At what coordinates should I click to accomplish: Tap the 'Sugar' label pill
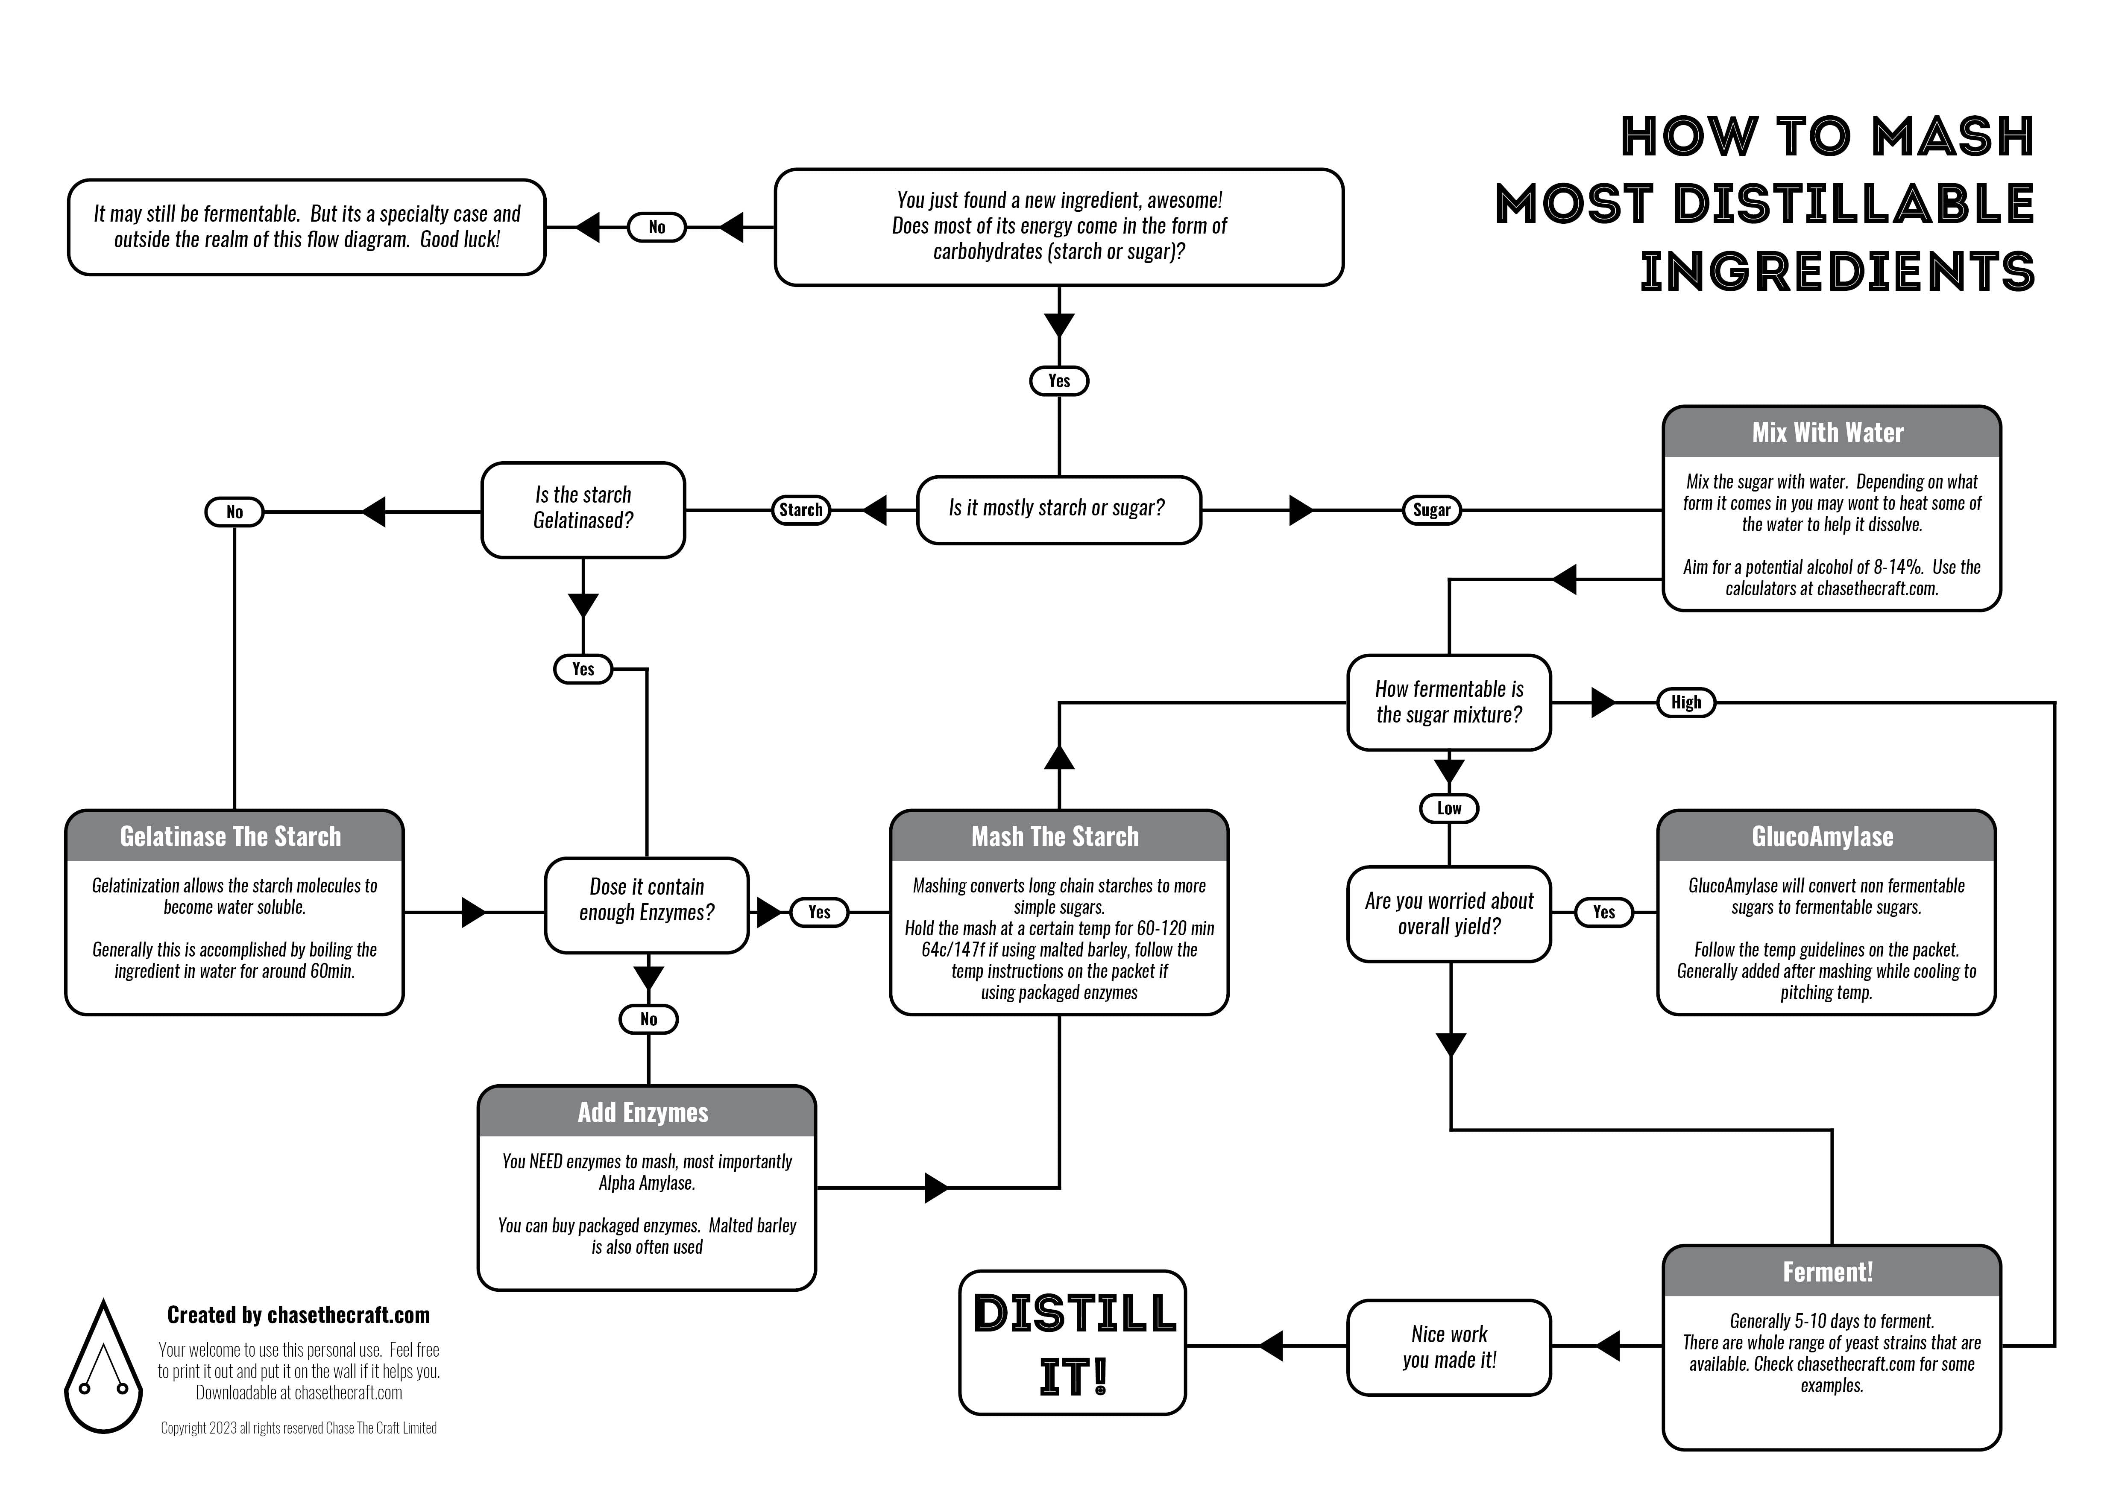pyautogui.click(x=1431, y=510)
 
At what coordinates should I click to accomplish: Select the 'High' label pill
pyautogui.click(x=1685, y=703)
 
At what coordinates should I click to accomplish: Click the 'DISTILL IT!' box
pyautogui.click(x=1073, y=1343)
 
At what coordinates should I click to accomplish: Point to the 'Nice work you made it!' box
pyautogui.click(x=1449, y=1348)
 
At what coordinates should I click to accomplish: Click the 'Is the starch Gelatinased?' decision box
pyautogui.click(x=583, y=509)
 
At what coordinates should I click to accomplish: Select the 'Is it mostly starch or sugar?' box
pyautogui.click(x=1058, y=509)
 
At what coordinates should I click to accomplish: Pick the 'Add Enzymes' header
pyautogui.click(x=646, y=1112)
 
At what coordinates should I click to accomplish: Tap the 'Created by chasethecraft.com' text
pyautogui.click(x=298, y=1315)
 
